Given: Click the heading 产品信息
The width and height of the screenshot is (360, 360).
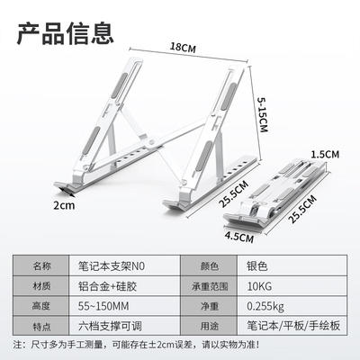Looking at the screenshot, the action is point(65,33).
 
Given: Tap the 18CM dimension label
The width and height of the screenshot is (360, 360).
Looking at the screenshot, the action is point(183,48).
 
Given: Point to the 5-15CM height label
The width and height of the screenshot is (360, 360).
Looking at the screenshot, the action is point(262,114).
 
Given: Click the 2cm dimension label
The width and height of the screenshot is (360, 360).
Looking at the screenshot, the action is point(64,205).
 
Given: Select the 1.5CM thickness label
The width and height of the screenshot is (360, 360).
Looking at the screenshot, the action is point(325,155).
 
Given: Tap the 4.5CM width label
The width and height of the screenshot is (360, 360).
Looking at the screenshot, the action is point(239,237).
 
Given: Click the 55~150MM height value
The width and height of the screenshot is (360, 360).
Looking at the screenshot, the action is point(103,306).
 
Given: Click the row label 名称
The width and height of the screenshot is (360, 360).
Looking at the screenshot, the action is point(41,266).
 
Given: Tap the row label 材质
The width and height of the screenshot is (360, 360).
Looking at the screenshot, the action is point(41,286).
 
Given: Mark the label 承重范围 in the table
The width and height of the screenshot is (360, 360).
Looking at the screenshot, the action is point(210,286).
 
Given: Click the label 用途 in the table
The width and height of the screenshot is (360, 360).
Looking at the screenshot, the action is point(210,326).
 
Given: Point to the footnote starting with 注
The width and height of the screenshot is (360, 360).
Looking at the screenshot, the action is point(136,345).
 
